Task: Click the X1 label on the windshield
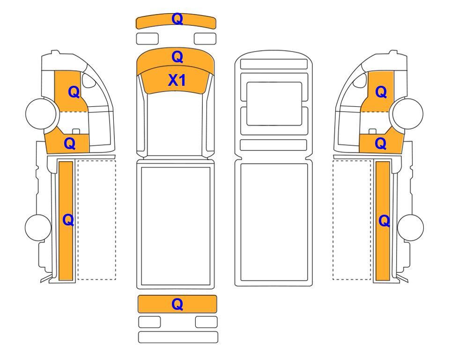point(177,80)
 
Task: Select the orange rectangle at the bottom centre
point(177,304)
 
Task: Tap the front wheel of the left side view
point(41,113)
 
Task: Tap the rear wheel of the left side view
point(38,227)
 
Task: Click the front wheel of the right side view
point(408,113)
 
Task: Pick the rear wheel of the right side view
point(410,227)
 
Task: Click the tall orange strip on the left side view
point(66,221)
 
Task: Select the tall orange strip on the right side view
point(383,221)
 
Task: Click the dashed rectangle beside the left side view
point(97,220)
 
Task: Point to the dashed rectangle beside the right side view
point(352,220)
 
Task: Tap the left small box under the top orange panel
point(147,39)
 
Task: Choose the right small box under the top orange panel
point(205,39)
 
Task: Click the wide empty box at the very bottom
point(178,337)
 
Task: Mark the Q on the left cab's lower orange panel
point(70,143)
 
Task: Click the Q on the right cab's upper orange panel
point(381,92)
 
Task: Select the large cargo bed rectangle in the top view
point(176,226)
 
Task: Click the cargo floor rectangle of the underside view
point(274,222)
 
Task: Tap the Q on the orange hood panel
point(177,57)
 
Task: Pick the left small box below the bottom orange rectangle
point(149,322)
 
